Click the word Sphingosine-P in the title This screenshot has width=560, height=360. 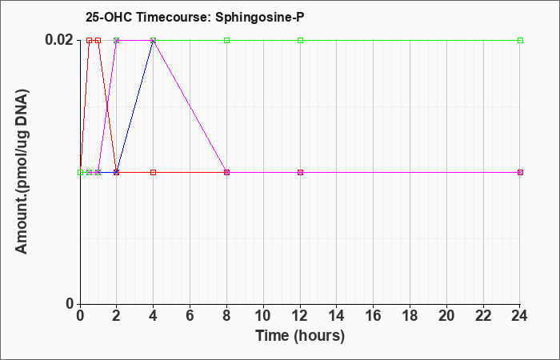(260, 17)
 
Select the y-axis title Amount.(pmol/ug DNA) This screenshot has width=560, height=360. (22, 172)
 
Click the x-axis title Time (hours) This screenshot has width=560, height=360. (300, 336)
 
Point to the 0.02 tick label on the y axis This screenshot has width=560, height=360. (58, 40)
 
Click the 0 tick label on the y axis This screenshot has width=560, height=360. (70, 304)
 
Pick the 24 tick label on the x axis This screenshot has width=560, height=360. (520, 316)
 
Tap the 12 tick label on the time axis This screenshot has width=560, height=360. (300, 316)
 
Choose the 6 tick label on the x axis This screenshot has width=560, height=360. (190, 316)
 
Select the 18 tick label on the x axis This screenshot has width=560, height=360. (410, 316)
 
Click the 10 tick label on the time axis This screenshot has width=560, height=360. (263, 316)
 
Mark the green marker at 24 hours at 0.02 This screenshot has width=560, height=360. (520, 40)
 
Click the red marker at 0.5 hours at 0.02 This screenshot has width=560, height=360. (90, 40)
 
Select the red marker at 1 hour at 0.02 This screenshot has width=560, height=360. (98, 40)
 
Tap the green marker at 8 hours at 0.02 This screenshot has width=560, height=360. (226, 40)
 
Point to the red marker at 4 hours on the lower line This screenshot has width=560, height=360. (154, 173)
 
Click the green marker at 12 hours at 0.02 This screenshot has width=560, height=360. (300, 40)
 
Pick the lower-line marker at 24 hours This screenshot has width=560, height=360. (520, 173)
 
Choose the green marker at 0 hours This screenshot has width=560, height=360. (80, 173)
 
